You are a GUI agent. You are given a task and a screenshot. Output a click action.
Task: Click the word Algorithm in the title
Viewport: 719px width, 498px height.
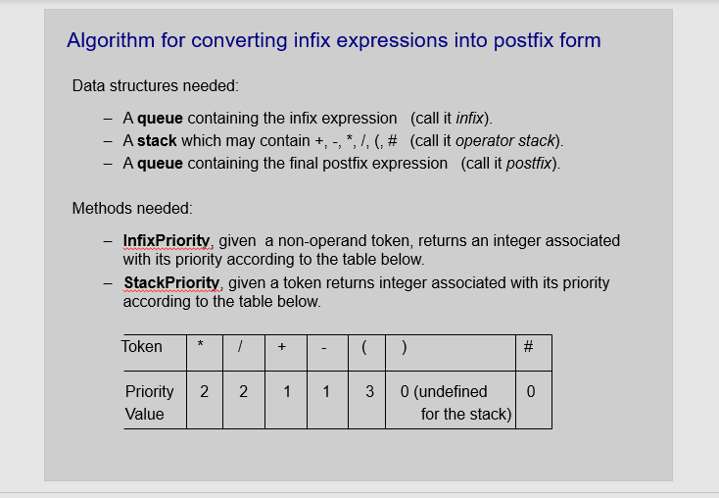point(111,41)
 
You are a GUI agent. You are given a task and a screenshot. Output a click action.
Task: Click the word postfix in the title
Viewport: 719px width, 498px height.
point(523,40)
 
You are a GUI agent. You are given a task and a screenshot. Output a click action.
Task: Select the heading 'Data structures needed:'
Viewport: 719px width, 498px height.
point(156,86)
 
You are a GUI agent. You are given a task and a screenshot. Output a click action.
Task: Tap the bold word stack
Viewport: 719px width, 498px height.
point(157,140)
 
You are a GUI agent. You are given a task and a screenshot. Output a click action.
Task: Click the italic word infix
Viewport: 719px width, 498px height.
point(469,118)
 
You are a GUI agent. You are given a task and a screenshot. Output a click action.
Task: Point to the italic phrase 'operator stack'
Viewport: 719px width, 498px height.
point(504,140)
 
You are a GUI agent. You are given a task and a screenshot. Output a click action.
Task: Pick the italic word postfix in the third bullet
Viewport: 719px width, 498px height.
point(529,164)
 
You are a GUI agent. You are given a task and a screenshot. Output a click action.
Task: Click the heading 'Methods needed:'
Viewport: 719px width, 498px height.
point(132,209)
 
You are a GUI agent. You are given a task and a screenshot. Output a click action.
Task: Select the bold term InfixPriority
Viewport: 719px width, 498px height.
point(167,240)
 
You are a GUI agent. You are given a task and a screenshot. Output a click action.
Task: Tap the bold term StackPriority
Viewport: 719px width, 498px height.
point(171,282)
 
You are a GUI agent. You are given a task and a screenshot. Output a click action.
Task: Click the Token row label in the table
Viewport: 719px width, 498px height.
point(142,346)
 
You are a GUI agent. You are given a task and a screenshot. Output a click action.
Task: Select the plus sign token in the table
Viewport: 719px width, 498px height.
point(282,346)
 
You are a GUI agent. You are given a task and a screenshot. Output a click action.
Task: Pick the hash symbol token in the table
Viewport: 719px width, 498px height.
point(528,346)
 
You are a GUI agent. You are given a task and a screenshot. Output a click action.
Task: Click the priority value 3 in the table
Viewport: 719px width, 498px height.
point(369,391)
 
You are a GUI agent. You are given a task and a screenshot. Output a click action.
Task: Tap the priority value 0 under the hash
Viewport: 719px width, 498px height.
point(531,391)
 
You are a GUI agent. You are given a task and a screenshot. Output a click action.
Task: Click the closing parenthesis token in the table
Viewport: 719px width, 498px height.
point(404,347)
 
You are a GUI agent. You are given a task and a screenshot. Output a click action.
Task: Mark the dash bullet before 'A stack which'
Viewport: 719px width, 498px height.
point(108,141)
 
